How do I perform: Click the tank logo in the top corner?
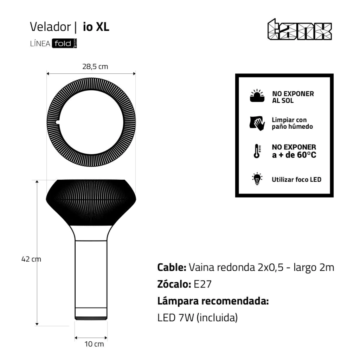[300, 30]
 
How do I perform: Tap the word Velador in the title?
[50, 27]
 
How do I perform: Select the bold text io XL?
[96, 27]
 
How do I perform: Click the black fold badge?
[64, 43]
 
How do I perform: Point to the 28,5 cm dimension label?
[95, 66]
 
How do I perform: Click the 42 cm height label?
[31, 259]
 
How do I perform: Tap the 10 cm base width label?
[94, 344]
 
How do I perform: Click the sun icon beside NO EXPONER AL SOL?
[257, 96]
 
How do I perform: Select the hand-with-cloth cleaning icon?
[257, 123]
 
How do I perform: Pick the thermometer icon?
[257, 151]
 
